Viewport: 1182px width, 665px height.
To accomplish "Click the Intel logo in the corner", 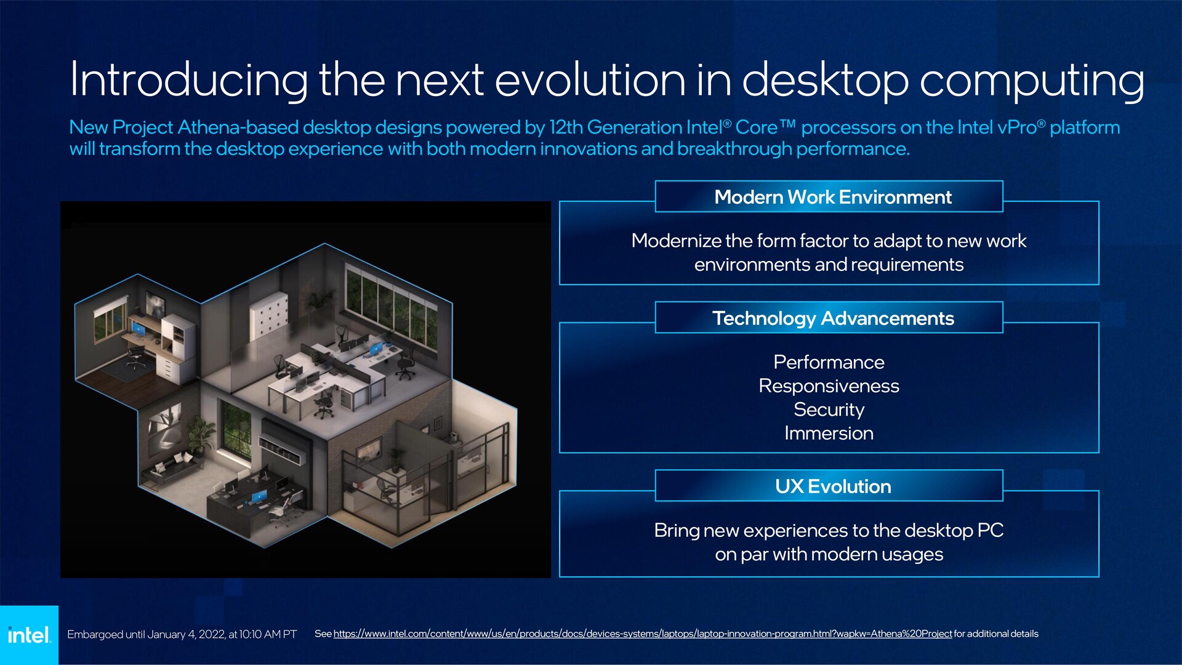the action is pos(29,635).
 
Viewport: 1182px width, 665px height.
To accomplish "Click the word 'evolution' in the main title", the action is pos(590,79).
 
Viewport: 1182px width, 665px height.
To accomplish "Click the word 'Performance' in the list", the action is pos(829,362).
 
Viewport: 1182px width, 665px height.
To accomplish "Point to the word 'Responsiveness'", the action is pos(829,386).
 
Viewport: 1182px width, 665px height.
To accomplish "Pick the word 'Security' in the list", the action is pos(829,409).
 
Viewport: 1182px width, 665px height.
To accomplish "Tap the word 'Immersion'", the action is pos(829,433).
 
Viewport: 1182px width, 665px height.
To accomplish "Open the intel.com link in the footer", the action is pos(643,634).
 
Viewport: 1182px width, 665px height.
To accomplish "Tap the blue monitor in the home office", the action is pos(139,329).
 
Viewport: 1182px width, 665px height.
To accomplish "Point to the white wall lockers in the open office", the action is pos(268,314).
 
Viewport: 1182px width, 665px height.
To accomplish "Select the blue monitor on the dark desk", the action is pos(259,497).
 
